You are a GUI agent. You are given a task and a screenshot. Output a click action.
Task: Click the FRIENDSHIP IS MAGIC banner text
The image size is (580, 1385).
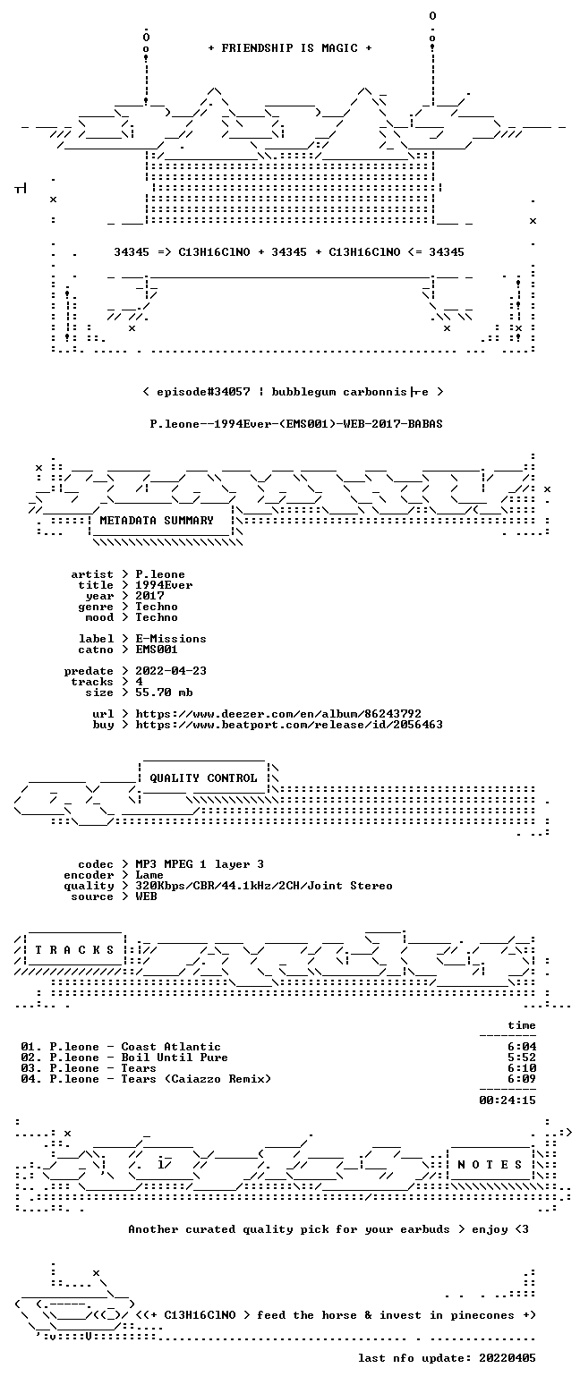click(x=290, y=48)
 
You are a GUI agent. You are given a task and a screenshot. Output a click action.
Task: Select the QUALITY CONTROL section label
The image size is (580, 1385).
click(x=203, y=778)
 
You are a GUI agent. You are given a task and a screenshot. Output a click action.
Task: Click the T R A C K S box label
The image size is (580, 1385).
click(x=74, y=949)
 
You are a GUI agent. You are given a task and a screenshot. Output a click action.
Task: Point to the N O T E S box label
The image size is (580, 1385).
click(x=489, y=1164)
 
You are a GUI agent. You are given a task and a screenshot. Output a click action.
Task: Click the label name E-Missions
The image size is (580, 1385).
click(x=171, y=639)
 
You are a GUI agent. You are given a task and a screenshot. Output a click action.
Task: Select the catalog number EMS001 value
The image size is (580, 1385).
click(x=157, y=650)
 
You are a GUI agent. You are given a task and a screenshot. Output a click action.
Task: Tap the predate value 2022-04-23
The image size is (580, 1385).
click(x=171, y=671)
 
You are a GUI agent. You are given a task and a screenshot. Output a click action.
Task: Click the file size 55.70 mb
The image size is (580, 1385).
click(x=164, y=692)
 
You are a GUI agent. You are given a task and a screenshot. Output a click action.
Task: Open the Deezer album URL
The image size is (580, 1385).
click(x=278, y=713)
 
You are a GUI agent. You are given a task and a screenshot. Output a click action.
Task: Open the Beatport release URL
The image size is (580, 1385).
click(x=289, y=725)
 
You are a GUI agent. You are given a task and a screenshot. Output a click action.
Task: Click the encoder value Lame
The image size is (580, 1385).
click(x=149, y=875)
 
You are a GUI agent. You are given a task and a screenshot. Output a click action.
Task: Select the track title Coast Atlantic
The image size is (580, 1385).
click(x=171, y=1047)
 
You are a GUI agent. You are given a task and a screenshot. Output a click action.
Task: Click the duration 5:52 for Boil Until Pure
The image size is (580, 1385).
click(x=522, y=1058)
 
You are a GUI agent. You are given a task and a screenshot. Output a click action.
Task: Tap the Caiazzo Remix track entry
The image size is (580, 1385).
click(x=146, y=1079)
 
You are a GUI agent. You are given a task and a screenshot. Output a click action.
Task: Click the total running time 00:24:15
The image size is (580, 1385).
click(x=507, y=1100)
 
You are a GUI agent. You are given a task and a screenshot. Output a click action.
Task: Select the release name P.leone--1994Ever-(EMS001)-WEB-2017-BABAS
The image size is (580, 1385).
click(x=296, y=424)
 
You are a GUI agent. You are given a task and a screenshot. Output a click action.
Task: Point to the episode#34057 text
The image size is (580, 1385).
click(x=203, y=392)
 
